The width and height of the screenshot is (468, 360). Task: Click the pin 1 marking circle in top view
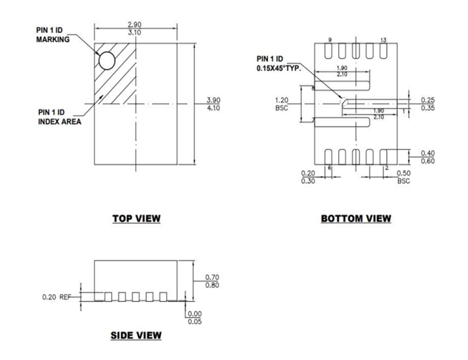[107, 61]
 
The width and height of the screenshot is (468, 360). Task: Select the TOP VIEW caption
[136, 219]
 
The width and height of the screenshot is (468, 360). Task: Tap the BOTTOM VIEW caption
[356, 219]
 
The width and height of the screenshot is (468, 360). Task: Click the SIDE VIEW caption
[136, 335]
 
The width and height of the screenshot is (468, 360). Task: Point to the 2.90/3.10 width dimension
[134, 29]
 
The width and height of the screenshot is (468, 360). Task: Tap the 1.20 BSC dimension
[281, 104]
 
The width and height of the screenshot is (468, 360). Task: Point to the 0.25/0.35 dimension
[428, 104]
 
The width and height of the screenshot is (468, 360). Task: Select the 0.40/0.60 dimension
[428, 157]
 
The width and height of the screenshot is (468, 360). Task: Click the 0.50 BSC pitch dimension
[404, 177]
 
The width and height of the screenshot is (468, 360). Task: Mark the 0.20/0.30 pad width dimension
[309, 177]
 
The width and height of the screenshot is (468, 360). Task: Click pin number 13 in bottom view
[383, 41]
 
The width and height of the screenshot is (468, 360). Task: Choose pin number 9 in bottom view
[330, 41]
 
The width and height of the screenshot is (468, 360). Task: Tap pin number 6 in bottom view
[330, 168]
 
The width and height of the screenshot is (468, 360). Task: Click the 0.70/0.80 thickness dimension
[212, 281]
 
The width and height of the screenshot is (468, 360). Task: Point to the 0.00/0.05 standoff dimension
[193, 317]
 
